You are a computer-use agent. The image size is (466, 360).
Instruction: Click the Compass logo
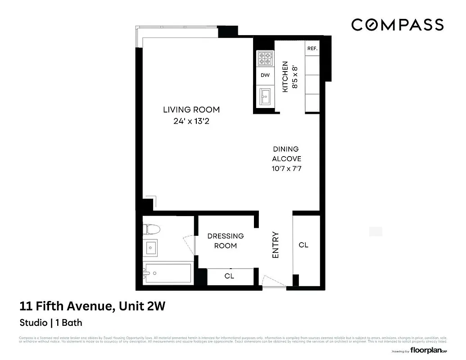397,25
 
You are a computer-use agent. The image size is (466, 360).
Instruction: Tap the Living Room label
191,109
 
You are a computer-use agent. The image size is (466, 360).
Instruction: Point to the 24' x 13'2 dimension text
191,121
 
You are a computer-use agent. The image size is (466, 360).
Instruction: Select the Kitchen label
285,77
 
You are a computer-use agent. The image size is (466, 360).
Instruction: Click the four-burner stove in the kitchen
265,58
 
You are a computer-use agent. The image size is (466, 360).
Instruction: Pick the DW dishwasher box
265,75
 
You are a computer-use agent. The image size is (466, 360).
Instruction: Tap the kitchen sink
265,96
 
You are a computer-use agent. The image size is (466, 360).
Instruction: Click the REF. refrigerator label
312,49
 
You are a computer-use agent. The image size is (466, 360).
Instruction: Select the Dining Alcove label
286,154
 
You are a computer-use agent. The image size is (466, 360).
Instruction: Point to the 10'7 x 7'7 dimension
286,169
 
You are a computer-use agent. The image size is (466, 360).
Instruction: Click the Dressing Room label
225,241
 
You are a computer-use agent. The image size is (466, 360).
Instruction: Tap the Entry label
276,245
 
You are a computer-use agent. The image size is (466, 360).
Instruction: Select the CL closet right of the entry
304,245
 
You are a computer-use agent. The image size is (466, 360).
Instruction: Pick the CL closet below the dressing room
229,276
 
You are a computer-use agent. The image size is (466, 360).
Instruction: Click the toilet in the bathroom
151,229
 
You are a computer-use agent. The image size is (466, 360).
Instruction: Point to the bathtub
167,273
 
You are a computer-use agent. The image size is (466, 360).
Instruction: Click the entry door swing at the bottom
273,281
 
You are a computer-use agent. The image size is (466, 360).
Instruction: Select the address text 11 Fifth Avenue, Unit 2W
93,307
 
